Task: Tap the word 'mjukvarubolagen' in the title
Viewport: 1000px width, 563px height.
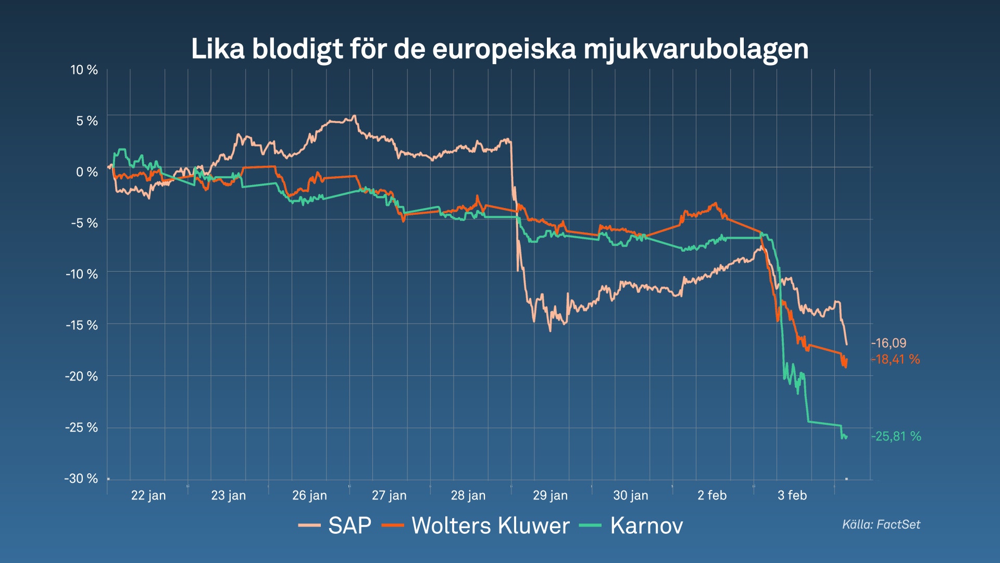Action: (x=696, y=50)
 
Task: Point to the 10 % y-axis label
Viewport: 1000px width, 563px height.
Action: (x=84, y=70)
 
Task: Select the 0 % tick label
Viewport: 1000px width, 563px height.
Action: (x=86, y=172)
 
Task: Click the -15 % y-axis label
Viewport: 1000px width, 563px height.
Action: (x=81, y=325)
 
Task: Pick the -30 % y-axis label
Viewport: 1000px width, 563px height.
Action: (x=81, y=479)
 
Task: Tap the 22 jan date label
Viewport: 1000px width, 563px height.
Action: (x=148, y=495)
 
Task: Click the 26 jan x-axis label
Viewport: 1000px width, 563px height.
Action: (x=309, y=495)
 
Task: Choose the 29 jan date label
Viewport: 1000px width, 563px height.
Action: (x=550, y=495)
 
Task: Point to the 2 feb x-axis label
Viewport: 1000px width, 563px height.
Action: (x=711, y=495)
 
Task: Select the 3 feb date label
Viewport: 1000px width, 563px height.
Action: (x=792, y=495)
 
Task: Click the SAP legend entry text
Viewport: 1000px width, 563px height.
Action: (x=349, y=525)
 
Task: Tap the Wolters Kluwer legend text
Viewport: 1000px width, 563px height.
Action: (x=490, y=525)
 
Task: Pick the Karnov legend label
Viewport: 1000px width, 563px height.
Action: (x=646, y=525)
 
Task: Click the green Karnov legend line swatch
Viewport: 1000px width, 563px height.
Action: (x=590, y=525)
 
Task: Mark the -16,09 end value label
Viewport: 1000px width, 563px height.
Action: (x=889, y=343)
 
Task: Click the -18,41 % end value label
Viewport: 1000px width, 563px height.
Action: (x=895, y=359)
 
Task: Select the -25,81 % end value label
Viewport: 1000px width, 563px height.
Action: (x=896, y=436)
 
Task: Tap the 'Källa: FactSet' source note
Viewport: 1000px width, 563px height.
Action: (x=881, y=524)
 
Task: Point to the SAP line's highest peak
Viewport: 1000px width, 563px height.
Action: (x=354, y=116)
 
